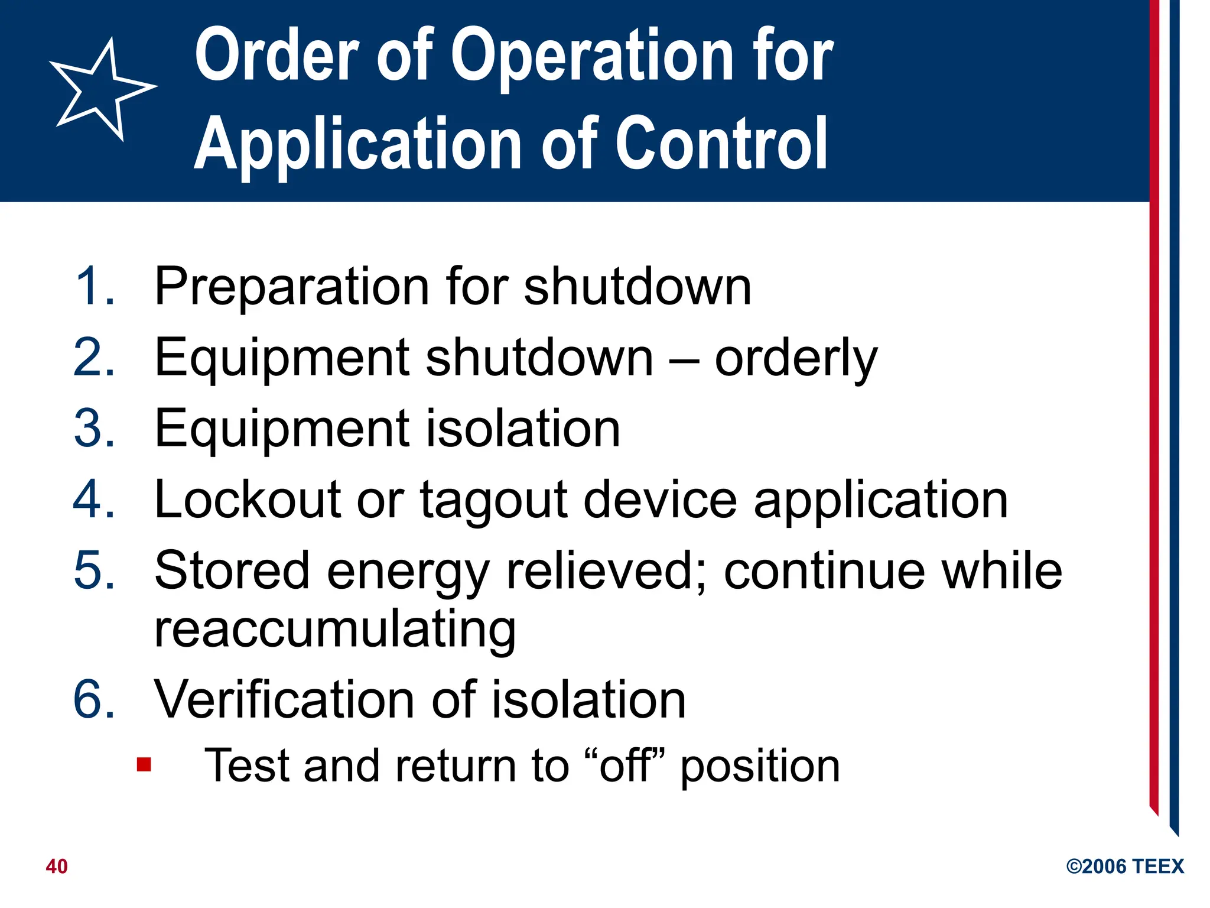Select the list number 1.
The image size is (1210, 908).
point(95,287)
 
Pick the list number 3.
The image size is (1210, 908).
point(95,429)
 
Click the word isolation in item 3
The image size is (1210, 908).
point(522,429)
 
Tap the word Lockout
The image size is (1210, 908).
point(248,500)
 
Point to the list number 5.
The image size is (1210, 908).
point(95,571)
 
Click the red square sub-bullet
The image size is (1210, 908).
point(144,765)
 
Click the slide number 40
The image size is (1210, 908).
point(57,867)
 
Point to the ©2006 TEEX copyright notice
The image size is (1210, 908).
point(1125,867)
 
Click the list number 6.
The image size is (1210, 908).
point(95,701)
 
